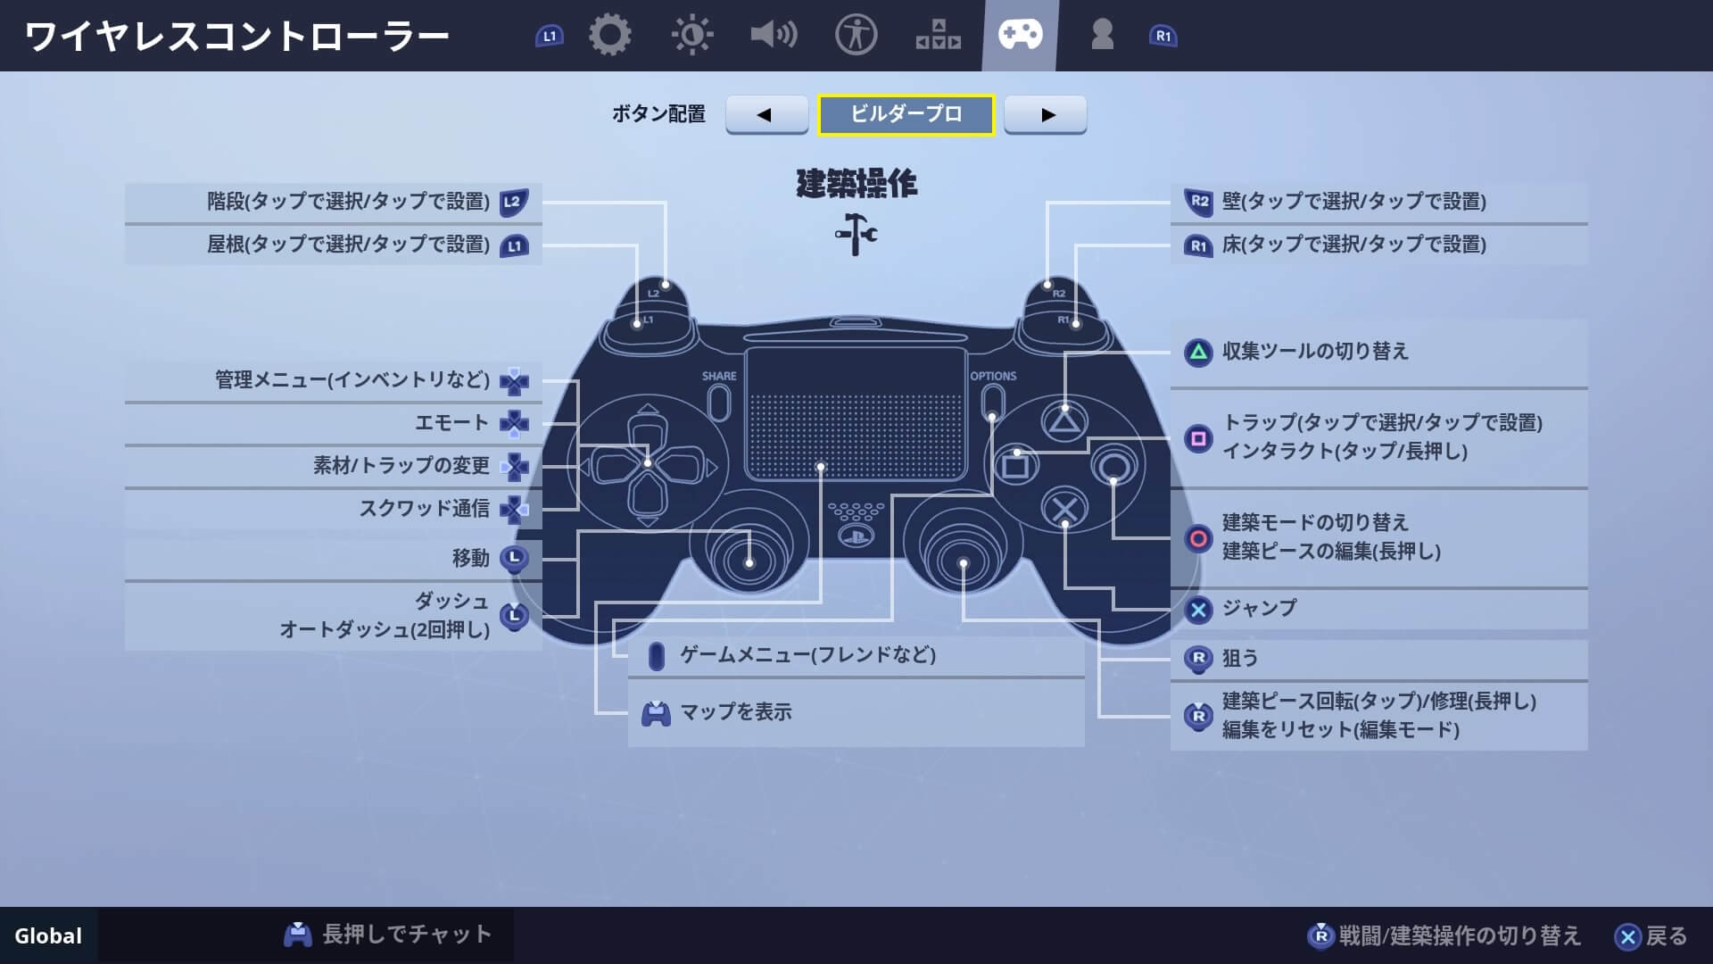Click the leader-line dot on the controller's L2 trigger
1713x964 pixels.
point(666,285)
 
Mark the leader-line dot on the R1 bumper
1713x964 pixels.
point(1076,324)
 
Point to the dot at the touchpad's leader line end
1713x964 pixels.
point(821,467)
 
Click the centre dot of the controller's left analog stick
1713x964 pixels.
point(749,563)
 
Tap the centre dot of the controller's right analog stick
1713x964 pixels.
point(964,563)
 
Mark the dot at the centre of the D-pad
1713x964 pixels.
point(648,463)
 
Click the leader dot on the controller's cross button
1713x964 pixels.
point(1064,524)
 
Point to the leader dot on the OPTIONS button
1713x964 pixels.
point(992,416)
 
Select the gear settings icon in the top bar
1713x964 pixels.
point(610,36)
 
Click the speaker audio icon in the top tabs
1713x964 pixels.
point(774,36)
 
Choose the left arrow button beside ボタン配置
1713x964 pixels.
point(766,114)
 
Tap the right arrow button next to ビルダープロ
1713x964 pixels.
point(1046,114)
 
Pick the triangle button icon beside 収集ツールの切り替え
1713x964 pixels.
point(1198,353)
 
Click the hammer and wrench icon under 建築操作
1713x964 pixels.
point(856,234)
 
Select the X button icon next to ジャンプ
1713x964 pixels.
point(1198,610)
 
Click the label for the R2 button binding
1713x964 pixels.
point(1354,202)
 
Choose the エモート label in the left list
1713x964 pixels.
point(451,423)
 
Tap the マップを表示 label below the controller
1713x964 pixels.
point(736,712)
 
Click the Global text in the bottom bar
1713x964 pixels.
point(48,936)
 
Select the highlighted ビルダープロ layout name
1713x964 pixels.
point(906,114)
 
